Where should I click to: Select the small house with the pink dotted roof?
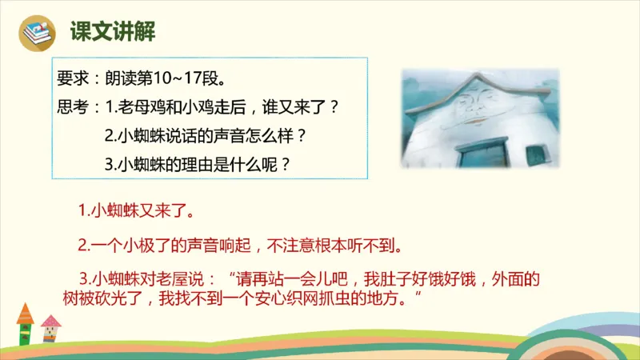(50, 328)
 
